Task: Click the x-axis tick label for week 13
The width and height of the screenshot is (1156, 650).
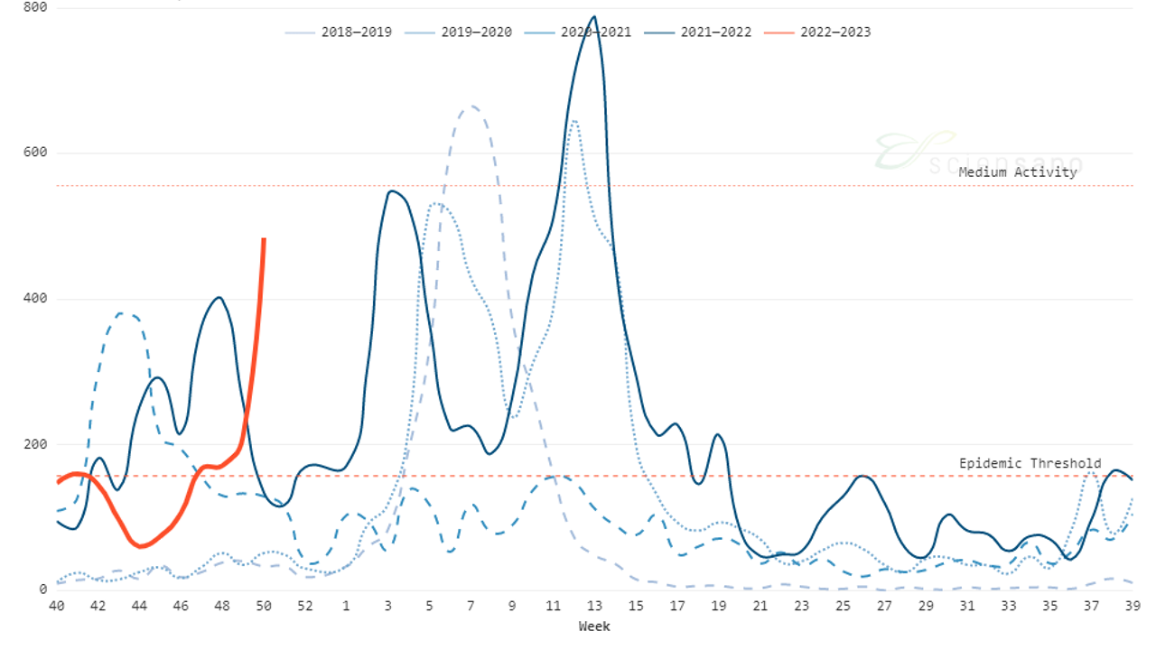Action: tap(594, 608)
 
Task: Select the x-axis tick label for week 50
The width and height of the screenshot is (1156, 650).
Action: tap(264, 608)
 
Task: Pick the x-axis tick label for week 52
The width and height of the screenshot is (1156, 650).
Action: tap(305, 608)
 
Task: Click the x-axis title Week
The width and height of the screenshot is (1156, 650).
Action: tap(594, 626)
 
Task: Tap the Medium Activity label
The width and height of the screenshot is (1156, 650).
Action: tap(1018, 172)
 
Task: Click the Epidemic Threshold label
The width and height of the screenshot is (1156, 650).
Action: tap(1030, 463)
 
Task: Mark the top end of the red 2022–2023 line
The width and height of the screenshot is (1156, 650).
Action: tap(264, 239)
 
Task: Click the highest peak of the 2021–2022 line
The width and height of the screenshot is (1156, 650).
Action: tap(593, 16)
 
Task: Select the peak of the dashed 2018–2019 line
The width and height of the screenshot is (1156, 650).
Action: tap(471, 107)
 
